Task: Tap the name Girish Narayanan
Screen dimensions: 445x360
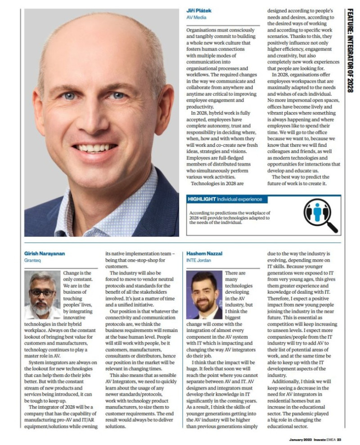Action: [x=45, y=254]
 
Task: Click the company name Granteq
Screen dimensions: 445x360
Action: [x=32, y=260]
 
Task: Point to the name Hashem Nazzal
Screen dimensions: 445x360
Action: [x=205, y=254]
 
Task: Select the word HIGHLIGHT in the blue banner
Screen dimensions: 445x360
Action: [x=201, y=199]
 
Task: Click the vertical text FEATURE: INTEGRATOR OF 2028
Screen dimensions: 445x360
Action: [x=350, y=50]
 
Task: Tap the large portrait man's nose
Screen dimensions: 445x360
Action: [x=95, y=118]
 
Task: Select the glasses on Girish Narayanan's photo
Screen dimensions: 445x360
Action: [x=42, y=292]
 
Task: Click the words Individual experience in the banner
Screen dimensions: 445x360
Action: [x=238, y=199]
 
